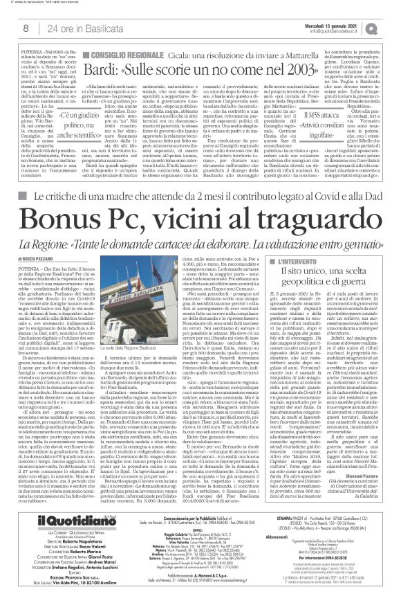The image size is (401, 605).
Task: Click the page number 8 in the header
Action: coord(25,28)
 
